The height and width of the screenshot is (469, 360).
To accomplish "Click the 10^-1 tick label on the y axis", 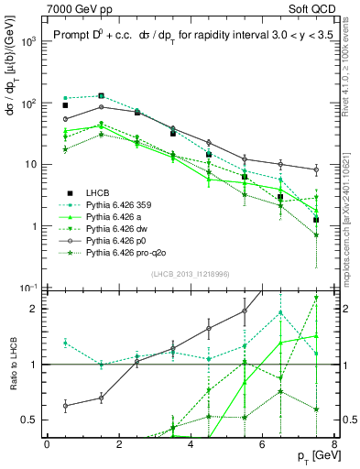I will click(x=28, y=288).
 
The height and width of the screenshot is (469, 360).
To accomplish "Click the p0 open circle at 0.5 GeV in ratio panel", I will click(x=65, y=405).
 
